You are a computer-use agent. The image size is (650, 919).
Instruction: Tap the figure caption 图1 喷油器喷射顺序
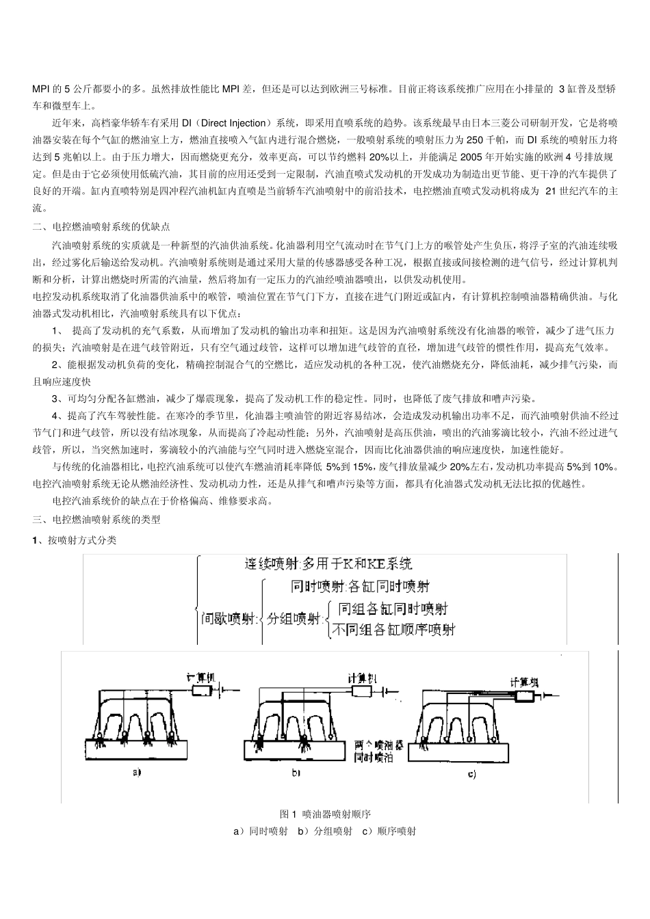[325, 814]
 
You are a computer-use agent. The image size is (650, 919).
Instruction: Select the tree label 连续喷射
[272, 564]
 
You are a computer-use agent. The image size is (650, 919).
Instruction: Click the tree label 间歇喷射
[229, 620]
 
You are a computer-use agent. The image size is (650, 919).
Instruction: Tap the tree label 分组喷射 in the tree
[294, 620]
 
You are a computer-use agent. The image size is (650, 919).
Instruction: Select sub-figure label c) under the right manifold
[471, 774]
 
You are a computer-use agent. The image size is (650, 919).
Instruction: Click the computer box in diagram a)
[204, 692]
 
